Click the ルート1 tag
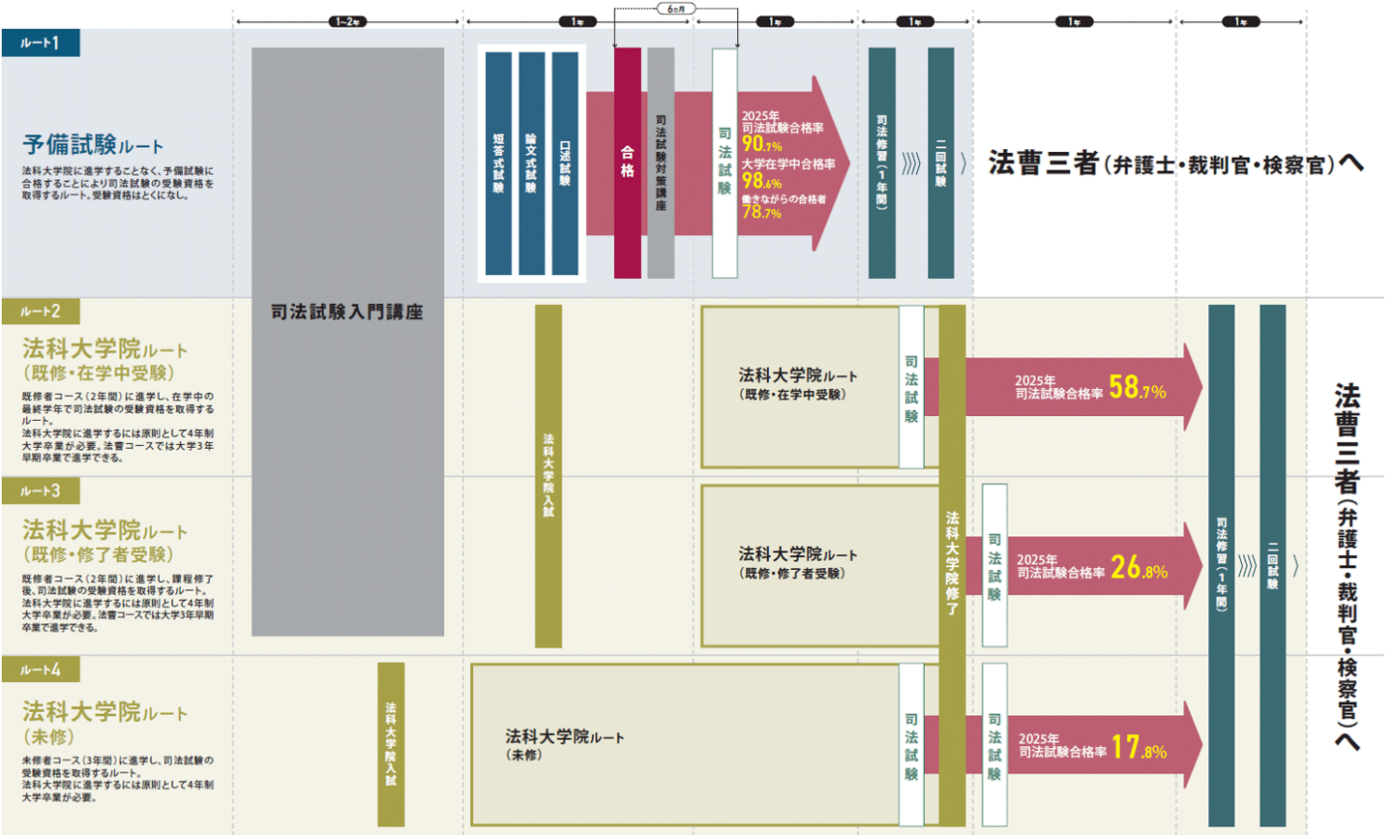click(41, 43)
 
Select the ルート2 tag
click(41, 312)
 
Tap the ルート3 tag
click(41, 491)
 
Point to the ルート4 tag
click(41, 670)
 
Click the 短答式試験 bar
click(498, 164)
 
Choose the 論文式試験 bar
click(531, 164)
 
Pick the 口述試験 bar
click(565, 164)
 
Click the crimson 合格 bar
click(627, 164)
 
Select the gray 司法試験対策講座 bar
click(661, 164)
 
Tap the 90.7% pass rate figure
click(761, 145)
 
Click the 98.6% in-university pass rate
click(761, 181)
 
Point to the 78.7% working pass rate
click(761, 212)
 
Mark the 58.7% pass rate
click(1138, 388)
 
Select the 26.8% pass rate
click(1140, 567)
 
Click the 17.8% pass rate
click(1140, 747)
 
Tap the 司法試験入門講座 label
click(347, 312)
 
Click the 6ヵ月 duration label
click(675, 9)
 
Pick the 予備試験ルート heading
click(93, 145)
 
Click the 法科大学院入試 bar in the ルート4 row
click(391, 744)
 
